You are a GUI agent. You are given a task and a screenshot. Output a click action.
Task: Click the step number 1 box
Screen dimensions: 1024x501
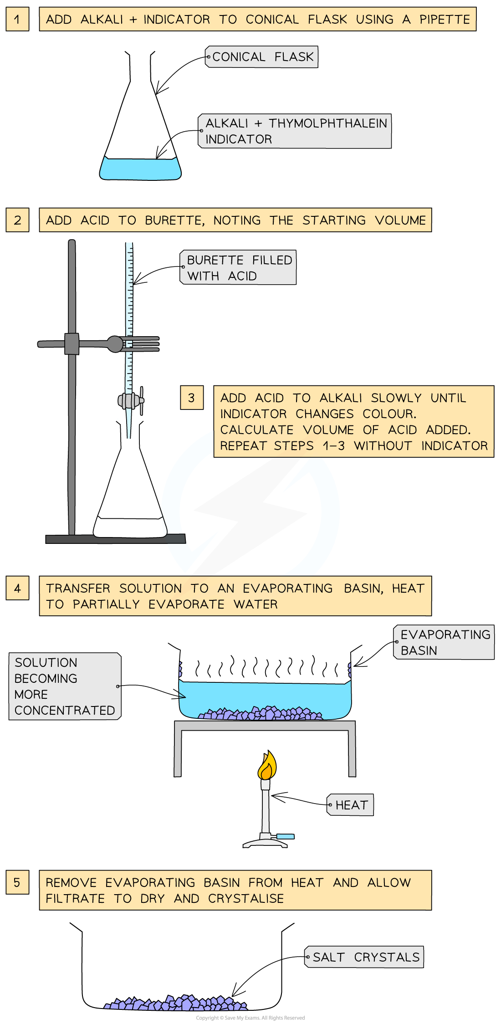[17, 19]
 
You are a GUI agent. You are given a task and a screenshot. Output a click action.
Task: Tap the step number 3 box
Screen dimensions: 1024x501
[192, 398]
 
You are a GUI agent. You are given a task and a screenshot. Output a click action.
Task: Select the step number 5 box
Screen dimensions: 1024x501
[17, 882]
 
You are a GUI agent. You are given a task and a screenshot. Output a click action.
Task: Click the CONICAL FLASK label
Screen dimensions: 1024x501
[262, 57]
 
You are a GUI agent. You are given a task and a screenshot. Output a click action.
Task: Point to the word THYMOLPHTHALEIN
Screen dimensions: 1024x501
[327, 123]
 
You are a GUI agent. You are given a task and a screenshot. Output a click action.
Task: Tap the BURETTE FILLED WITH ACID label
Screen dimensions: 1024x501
[239, 268]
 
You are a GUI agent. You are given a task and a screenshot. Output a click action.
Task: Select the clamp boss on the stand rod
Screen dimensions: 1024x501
[72, 343]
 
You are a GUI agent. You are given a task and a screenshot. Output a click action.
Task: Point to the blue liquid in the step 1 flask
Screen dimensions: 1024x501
[140, 169]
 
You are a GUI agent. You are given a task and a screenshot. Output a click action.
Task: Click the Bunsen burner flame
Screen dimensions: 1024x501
[267, 766]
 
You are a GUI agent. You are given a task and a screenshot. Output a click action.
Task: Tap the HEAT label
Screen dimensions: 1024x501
[351, 805]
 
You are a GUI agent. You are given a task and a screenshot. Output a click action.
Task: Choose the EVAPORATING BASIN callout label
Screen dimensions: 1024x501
[444, 642]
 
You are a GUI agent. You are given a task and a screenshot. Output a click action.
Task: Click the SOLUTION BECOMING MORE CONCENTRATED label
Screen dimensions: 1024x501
[65, 686]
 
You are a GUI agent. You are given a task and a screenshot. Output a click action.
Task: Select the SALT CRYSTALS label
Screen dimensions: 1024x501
[364, 957]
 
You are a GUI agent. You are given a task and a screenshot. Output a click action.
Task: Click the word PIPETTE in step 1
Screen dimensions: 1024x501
[445, 20]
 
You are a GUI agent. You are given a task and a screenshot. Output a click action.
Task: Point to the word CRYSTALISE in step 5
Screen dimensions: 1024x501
[246, 898]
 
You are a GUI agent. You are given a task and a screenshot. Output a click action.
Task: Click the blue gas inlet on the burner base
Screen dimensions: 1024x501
[286, 836]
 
